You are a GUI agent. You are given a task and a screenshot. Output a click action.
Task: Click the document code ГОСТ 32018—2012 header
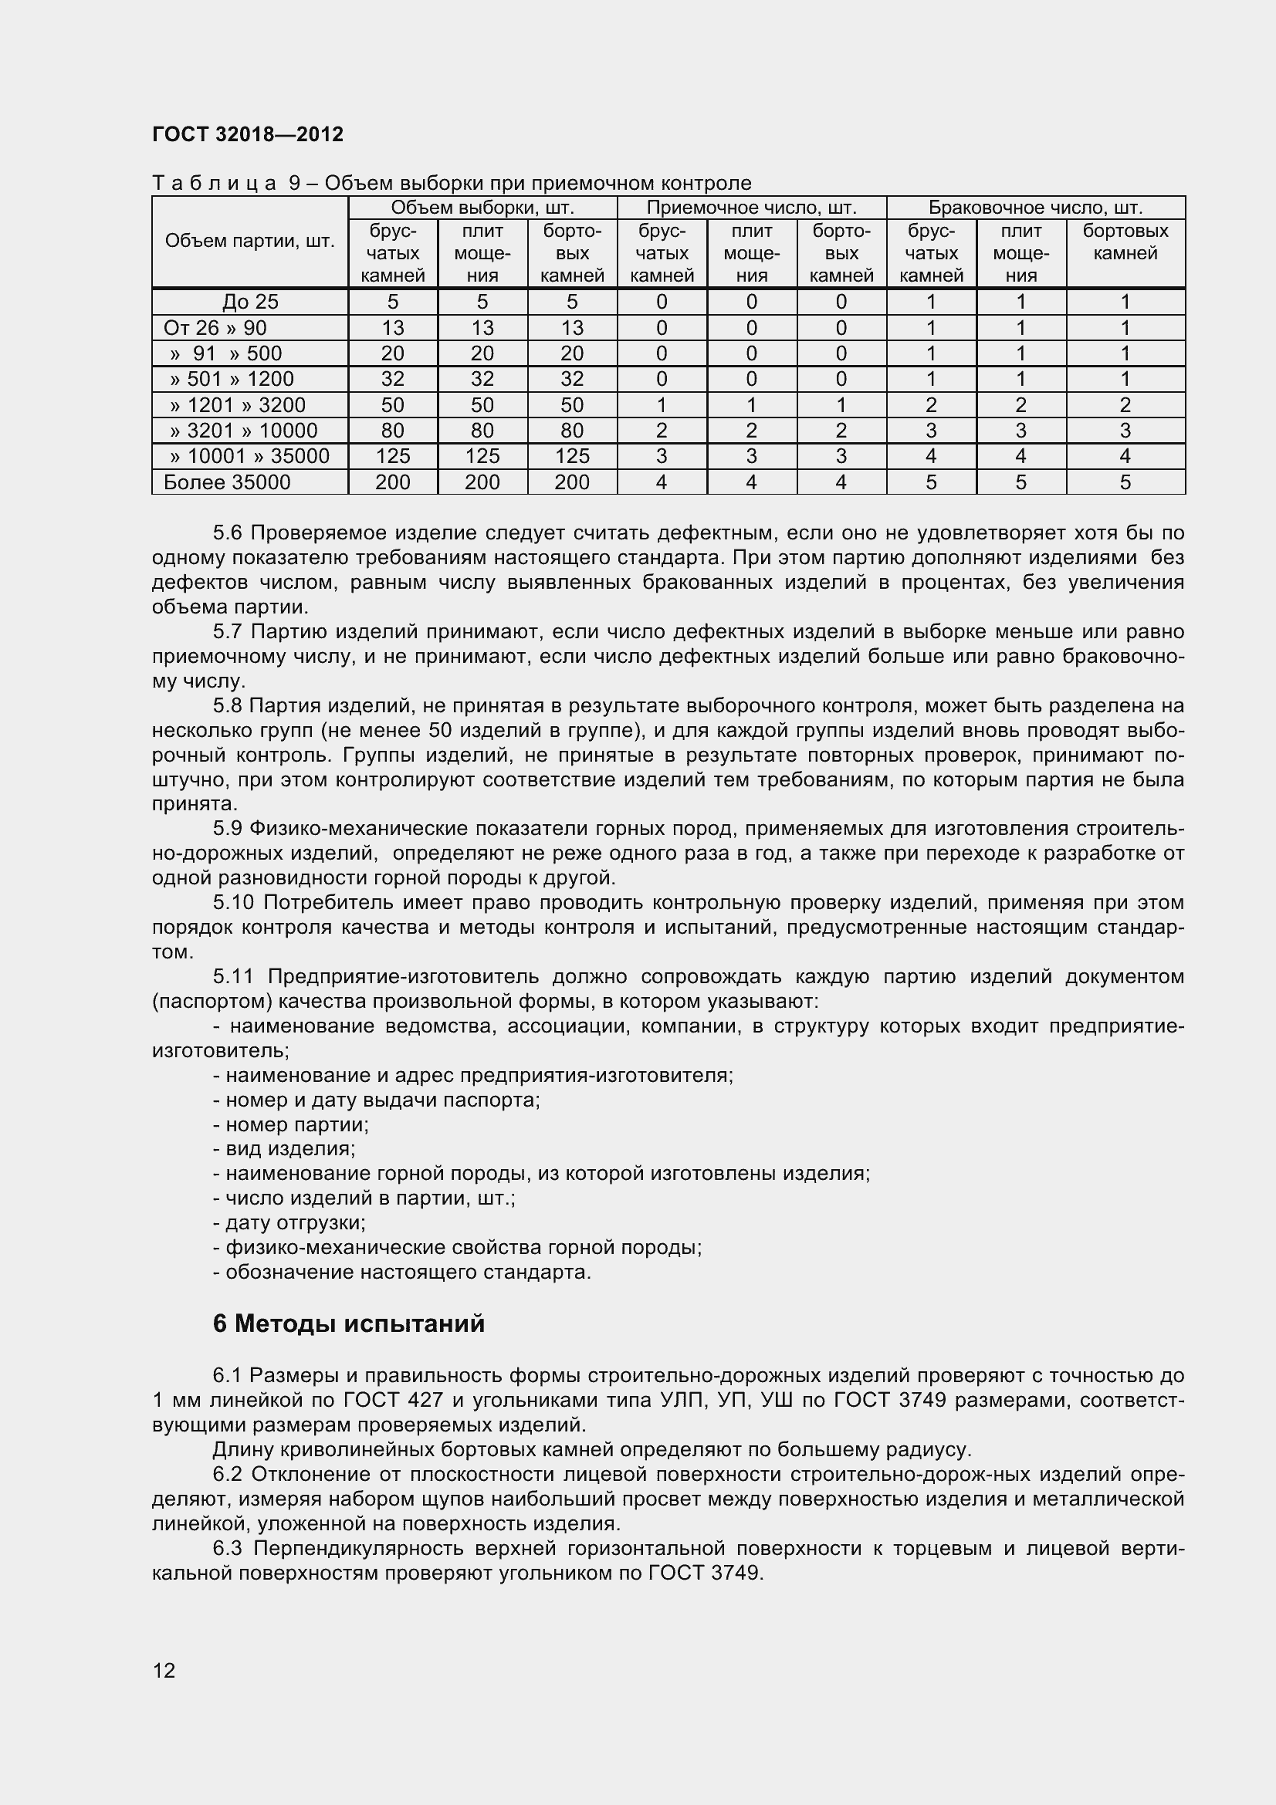point(248,134)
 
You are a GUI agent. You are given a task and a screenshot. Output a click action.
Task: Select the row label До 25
point(250,302)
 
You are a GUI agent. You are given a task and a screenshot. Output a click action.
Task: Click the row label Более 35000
point(227,482)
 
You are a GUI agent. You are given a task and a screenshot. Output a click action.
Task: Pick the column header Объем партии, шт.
point(250,242)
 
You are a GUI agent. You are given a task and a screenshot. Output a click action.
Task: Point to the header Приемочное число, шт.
point(751,208)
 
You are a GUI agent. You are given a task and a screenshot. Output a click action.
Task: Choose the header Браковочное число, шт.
point(1034,208)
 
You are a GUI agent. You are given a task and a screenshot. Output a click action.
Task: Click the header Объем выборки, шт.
point(482,208)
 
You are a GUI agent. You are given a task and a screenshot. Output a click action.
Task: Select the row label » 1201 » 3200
point(238,405)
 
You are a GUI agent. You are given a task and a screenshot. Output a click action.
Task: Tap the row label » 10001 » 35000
point(249,456)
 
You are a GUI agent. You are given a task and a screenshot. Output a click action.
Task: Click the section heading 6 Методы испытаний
point(348,1324)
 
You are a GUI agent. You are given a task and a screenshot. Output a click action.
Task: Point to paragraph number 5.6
point(227,533)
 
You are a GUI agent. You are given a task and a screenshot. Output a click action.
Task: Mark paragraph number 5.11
point(233,976)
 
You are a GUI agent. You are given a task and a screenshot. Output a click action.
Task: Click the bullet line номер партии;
point(291,1124)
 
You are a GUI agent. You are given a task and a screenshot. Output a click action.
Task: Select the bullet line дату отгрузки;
point(289,1222)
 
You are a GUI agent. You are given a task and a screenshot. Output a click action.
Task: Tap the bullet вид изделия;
point(285,1148)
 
